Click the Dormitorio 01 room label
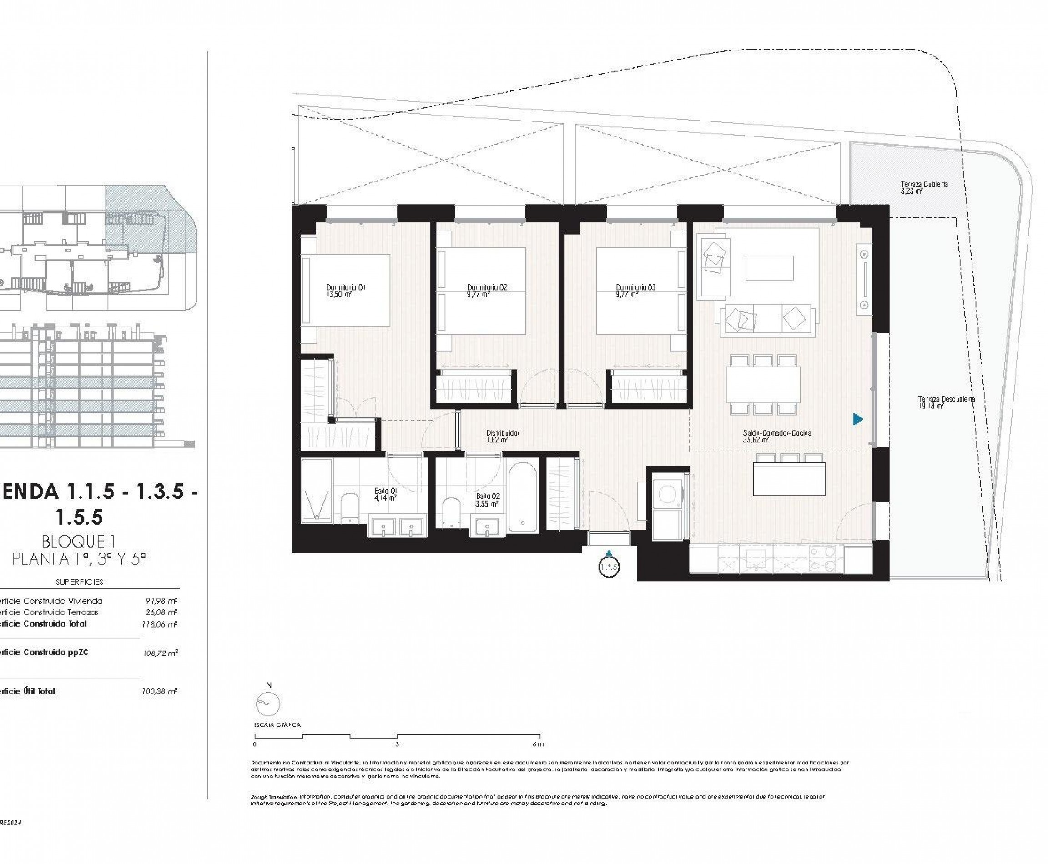tap(346, 287)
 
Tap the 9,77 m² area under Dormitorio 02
tap(479, 295)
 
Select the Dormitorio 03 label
tap(635, 287)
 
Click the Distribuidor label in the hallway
tap(502, 433)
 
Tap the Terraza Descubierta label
tap(946, 399)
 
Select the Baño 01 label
tap(385, 491)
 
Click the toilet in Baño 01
tap(349, 507)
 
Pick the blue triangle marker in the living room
tap(857, 419)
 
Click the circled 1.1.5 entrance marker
tap(609, 568)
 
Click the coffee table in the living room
tap(769, 268)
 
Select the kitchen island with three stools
tap(789, 479)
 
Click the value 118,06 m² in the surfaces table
tap(159, 624)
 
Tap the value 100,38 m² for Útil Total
tap(159, 691)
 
